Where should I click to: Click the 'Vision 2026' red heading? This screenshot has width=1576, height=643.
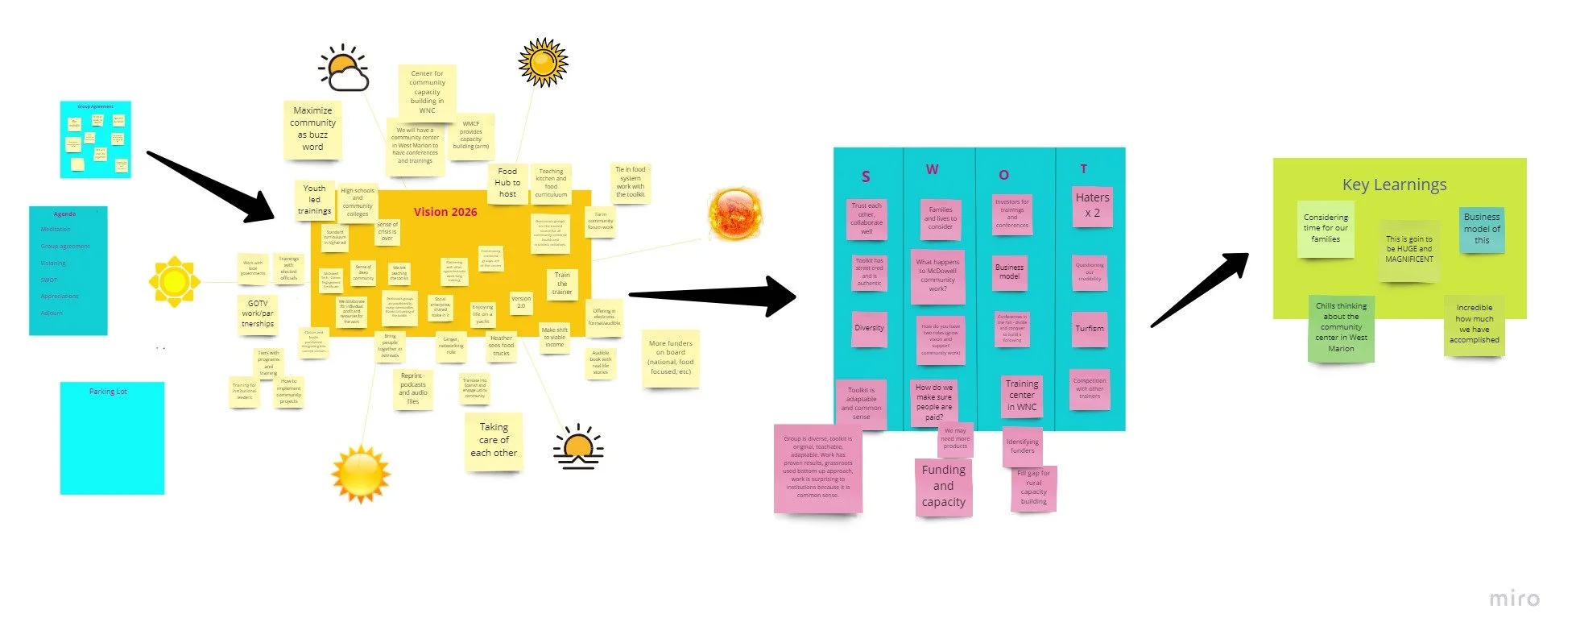coord(445,212)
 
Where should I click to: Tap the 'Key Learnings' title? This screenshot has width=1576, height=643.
coord(1394,185)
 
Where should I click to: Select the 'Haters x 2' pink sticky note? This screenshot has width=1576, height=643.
coord(1092,205)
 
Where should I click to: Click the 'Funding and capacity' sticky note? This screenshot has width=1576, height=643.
coord(943,486)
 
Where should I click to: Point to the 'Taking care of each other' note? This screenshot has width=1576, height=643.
coord(494,440)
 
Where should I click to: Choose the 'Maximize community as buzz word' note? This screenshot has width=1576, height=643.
coord(312,129)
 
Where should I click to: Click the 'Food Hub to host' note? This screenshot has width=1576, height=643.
coord(507,183)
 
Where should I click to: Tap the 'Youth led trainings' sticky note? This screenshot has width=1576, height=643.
coord(314,200)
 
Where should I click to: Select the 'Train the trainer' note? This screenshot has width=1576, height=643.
coord(562,284)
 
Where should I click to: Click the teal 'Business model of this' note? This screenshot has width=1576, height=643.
coord(1482,229)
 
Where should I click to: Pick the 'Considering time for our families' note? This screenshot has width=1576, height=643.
coord(1326,229)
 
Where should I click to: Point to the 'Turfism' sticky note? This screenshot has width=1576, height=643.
coord(1090,329)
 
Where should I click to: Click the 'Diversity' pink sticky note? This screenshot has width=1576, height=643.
coord(869,329)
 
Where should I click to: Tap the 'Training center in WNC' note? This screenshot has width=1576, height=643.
coord(1021,396)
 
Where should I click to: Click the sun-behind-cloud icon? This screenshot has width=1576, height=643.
coord(345,68)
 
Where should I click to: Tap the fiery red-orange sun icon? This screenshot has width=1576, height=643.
coord(734,214)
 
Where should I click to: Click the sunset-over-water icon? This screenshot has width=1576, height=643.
coord(578,447)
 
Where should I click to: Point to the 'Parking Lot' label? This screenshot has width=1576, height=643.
coord(108,392)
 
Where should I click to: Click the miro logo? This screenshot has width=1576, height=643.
coord(1514,599)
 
